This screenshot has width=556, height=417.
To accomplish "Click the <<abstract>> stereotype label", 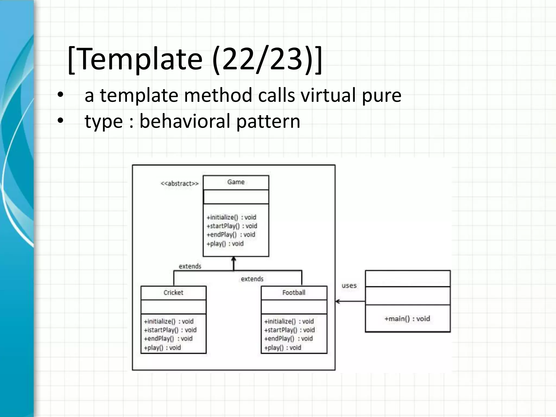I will pos(179,184).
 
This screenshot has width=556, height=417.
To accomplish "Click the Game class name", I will pos(236,182).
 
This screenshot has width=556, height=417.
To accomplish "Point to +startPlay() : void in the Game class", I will pos(232,226).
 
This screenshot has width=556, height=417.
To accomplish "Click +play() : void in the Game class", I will pos(225,244).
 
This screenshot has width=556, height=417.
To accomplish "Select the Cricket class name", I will pos(173,292).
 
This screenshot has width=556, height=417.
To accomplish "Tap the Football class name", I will pos(294,292).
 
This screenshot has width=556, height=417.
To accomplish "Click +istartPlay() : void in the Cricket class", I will pos(170,330).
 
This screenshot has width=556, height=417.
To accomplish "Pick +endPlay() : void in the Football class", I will pos(288,339).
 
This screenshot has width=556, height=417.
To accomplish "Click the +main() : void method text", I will pos(407,318).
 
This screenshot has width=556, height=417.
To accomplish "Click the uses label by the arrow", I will pos(349,286).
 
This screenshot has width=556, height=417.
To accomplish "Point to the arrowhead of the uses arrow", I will pos(337,301).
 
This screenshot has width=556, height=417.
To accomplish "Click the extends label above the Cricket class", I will pos(190,266).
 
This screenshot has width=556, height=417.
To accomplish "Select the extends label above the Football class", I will pos(252,279).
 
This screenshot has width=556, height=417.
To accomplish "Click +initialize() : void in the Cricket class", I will pos(169,321).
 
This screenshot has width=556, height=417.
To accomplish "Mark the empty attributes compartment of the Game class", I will pos(236,197).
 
